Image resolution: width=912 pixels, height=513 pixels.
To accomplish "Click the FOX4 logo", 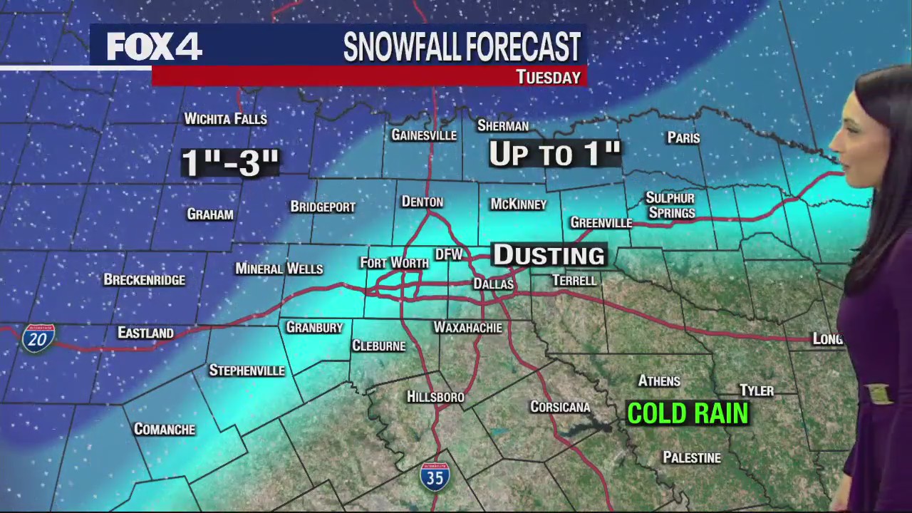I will click(x=154, y=46).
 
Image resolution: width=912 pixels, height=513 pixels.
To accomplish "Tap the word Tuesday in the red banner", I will click(x=548, y=77).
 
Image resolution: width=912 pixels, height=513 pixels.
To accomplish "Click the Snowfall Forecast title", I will click(x=462, y=47).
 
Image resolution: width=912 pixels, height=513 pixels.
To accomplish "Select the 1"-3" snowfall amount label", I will click(x=229, y=162).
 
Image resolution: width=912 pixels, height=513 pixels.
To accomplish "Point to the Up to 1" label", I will click(x=554, y=154).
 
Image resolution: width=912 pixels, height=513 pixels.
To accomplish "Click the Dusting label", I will click(x=549, y=255).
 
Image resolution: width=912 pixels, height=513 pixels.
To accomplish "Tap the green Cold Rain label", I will click(x=688, y=413).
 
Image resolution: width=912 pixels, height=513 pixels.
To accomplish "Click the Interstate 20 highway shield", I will click(x=38, y=338).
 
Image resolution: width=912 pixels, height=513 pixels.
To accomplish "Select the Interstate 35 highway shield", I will click(x=435, y=475).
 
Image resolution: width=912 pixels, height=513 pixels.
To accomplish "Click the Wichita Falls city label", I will click(x=225, y=119).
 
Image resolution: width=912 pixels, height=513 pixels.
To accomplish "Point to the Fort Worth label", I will click(x=394, y=263).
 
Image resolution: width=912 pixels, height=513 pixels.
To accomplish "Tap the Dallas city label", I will click(x=494, y=284).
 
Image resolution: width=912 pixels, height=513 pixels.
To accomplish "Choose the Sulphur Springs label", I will click(x=670, y=205).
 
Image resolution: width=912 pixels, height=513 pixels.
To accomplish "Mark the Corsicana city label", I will click(x=560, y=407).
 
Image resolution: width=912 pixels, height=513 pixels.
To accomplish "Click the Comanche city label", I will click(x=165, y=429).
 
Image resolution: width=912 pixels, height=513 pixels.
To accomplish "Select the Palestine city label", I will click(x=692, y=457).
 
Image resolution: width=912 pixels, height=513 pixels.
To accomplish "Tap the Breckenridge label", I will click(x=145, y=280).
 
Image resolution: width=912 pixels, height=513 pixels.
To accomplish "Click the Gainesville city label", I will click(x=424, y=135).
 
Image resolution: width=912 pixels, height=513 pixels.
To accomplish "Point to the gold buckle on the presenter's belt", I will click(x=878, y=394).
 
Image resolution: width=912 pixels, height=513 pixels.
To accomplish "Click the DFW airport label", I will click(x=449, y=254).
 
